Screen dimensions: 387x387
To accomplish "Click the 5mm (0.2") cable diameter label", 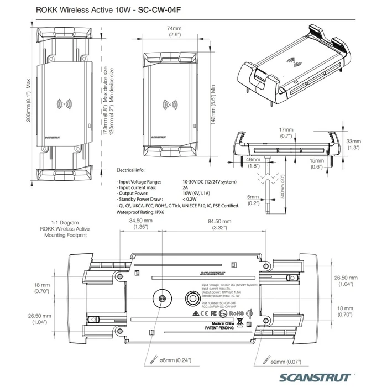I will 253,200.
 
